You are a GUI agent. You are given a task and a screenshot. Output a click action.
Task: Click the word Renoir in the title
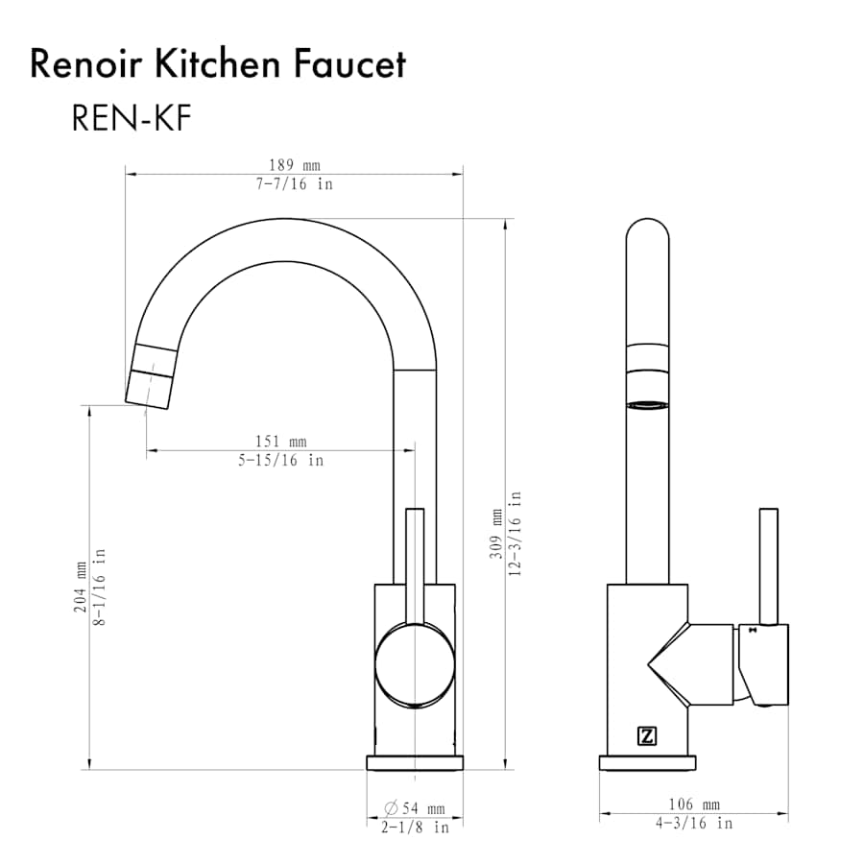tap(86, 64)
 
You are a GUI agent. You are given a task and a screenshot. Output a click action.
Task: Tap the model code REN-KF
tap(132, 118)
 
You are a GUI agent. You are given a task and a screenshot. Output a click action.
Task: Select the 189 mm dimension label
tap(295, 165)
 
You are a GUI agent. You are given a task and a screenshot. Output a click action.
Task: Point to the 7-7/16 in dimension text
tap(295, 183)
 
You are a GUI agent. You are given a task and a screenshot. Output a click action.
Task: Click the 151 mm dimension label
tap(281, 442)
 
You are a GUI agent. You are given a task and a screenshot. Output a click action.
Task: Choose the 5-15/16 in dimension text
tap(281, 460)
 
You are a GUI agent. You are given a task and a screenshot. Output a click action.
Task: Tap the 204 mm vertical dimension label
tap(81, 587)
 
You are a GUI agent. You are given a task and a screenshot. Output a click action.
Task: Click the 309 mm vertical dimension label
tap(496, 534)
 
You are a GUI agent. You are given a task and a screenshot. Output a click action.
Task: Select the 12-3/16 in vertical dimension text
tap(515, 534)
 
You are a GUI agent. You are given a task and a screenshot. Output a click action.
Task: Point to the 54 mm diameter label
tap(415, 808)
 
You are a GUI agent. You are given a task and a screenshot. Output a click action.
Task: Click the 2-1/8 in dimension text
tap(415, 828)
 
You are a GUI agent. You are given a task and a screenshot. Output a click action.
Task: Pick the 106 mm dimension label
tap(694, 804)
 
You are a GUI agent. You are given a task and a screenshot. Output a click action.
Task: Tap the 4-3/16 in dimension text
tap(694, 824)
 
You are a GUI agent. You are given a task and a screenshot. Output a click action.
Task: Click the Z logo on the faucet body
tap(647, 735)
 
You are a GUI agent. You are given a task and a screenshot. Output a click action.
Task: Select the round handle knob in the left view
tap(415, 665)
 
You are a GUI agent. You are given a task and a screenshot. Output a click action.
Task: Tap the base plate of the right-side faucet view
tap(647, 762)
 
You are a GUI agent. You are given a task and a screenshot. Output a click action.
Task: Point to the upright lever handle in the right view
tap(769, 566)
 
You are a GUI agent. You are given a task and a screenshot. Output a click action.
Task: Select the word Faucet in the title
tap(349, 64)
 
